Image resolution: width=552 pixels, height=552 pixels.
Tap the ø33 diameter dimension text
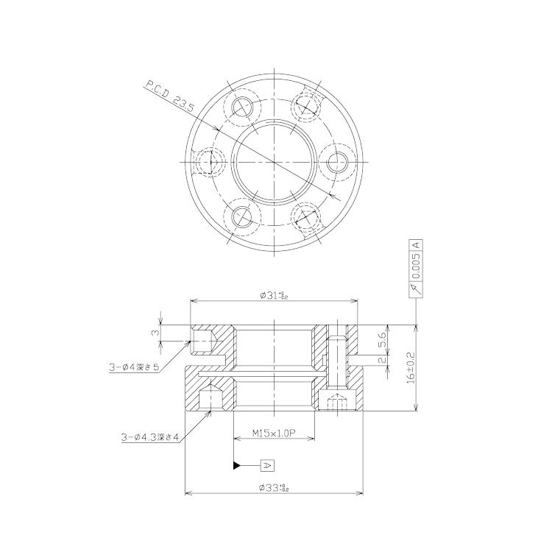(x=274, y=487)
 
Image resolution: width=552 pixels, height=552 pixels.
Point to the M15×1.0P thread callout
(x=274, y=434)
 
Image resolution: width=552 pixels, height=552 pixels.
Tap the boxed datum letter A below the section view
(x=267, y=465)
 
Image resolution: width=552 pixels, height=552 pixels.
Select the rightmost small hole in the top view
(x=338, y=160)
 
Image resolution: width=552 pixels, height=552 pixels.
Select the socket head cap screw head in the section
(x=336, y=403)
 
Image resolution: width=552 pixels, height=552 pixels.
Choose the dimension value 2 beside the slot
(x=382, y=360)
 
